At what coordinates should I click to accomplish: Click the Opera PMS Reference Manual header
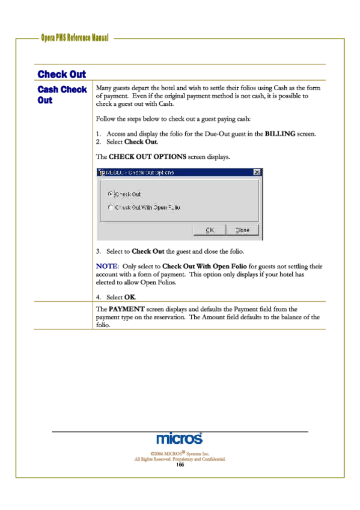tap(75, 38)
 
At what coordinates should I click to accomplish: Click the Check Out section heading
tap(61, 74)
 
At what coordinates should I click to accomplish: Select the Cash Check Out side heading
tap(62, 94)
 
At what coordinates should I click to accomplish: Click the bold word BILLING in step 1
tap(279, 134)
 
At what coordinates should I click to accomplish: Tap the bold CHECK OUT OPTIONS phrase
tap(147, 156)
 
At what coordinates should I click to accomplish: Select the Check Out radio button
tap(110, 194)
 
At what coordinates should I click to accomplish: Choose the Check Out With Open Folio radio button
tap(110, 207)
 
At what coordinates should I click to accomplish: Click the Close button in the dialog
tap(243, 230)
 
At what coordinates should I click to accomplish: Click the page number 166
tap(180, 465)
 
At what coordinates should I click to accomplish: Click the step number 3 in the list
tap(99, 251)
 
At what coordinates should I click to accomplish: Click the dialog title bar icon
tap(102, 172)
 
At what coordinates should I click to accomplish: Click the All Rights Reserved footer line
tap(180, 459)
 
